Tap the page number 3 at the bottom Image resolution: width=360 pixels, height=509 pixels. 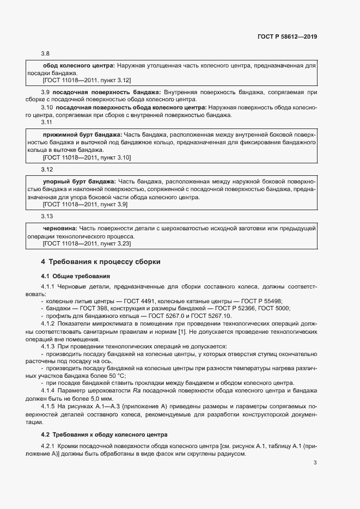315,463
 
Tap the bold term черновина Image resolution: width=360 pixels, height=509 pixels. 59,229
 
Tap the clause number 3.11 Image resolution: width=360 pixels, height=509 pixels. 47,122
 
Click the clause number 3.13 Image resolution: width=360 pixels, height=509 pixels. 47,217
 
